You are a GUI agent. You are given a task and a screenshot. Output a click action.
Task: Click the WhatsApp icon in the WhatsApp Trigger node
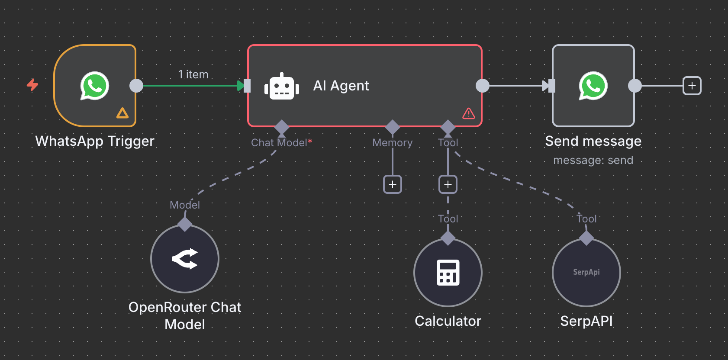click(94, 86)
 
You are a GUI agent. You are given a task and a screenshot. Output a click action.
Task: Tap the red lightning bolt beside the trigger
click(32, 84)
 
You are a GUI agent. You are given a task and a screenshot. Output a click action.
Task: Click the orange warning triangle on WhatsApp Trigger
click(122, 113)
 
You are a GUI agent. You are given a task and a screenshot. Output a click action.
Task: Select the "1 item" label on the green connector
click(193, 74)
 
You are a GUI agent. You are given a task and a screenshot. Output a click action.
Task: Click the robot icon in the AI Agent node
click(282, 86)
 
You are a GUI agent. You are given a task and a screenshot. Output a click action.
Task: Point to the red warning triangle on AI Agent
click(469, 113)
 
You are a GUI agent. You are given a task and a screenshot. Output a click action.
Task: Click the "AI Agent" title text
click(341, 86)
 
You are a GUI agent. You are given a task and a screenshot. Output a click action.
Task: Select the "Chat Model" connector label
click(279, 143)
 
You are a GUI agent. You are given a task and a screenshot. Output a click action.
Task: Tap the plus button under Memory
click(393, 184)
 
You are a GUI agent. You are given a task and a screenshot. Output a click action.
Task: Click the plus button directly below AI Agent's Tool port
click(448, 184)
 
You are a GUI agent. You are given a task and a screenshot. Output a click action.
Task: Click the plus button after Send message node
click(692, 86)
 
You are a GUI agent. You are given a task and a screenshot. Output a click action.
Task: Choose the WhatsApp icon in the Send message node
click(593, 86)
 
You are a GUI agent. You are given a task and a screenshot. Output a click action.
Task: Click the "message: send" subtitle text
click(593, 161)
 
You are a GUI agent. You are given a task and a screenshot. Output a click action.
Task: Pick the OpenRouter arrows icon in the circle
click(185, 259)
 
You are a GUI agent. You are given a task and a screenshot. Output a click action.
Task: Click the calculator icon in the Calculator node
click(448, 273)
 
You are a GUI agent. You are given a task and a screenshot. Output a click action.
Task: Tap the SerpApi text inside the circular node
click(586, 272)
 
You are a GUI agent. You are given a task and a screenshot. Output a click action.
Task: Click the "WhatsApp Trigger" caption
click(95, 141)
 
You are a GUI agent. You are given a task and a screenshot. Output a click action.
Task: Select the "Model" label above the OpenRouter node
click(185, 205)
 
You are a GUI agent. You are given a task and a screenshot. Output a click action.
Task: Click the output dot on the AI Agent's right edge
click(482, 86)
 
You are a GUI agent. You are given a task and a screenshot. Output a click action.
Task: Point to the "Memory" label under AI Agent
click(393, 143)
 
